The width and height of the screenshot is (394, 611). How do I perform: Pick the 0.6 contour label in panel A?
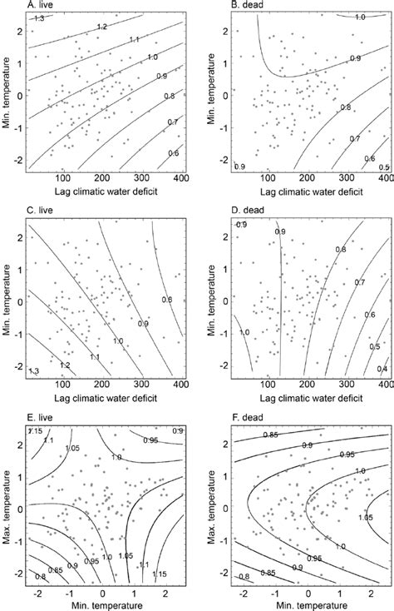[x=174, y=153]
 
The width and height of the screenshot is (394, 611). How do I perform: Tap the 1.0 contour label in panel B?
[x=359, y=17]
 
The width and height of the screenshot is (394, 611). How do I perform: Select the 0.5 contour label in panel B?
[x=383, y=167]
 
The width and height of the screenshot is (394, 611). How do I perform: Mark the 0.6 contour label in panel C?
[x=166, y=300]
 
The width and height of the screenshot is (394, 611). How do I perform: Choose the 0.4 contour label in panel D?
[x=382, y=369]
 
